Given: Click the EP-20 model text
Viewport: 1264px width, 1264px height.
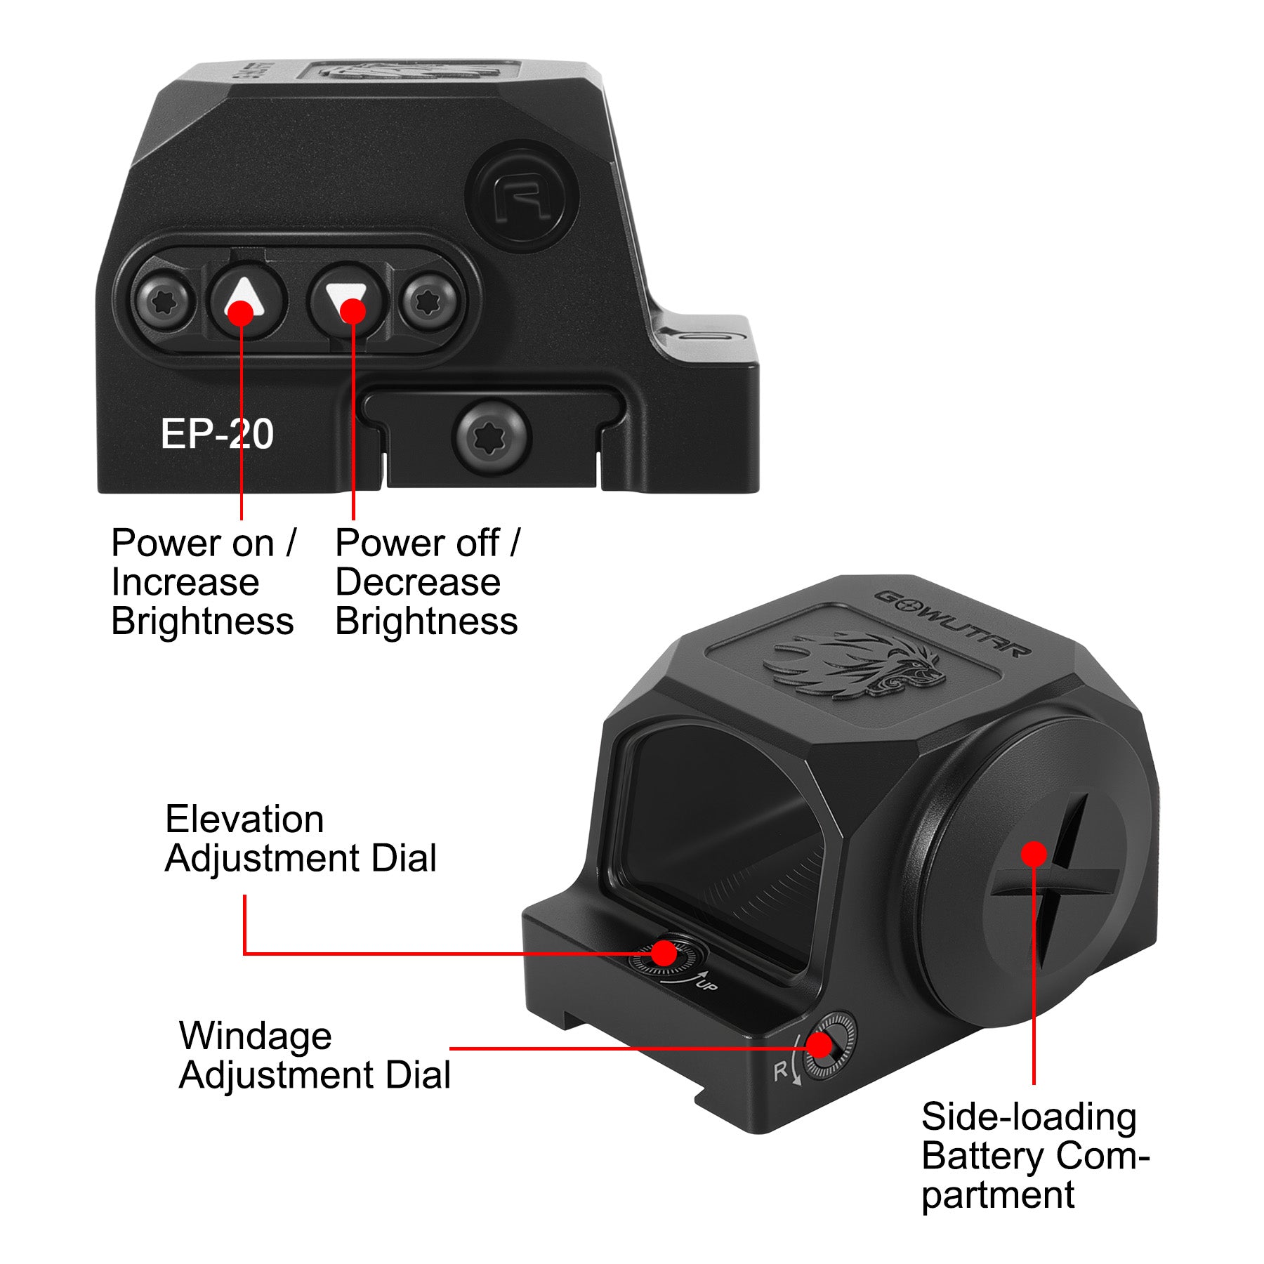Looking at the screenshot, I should tap(217, 434).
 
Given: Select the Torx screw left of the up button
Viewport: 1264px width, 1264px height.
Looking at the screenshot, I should tap(164, 303).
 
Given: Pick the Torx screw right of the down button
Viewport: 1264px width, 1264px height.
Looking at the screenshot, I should tap(430, 303).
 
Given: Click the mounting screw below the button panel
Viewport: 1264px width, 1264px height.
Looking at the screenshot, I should tap(491, 436).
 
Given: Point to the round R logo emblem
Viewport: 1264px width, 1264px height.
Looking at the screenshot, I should tap(522, 196).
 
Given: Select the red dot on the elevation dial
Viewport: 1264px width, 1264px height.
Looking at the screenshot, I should tap(663, 953).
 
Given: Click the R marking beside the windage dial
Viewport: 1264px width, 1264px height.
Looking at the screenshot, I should tap(780, 1072).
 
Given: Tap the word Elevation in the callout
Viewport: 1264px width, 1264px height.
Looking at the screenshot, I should tap(244, 819).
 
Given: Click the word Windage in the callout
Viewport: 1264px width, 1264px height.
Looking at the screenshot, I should tap(256, 1036).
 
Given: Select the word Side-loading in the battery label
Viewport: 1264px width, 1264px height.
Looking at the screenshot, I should tap(1029, 1117).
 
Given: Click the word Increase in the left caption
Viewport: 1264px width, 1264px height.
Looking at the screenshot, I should tap(185, 582).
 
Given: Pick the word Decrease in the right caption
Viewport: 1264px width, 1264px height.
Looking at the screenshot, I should tap(418, 582).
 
